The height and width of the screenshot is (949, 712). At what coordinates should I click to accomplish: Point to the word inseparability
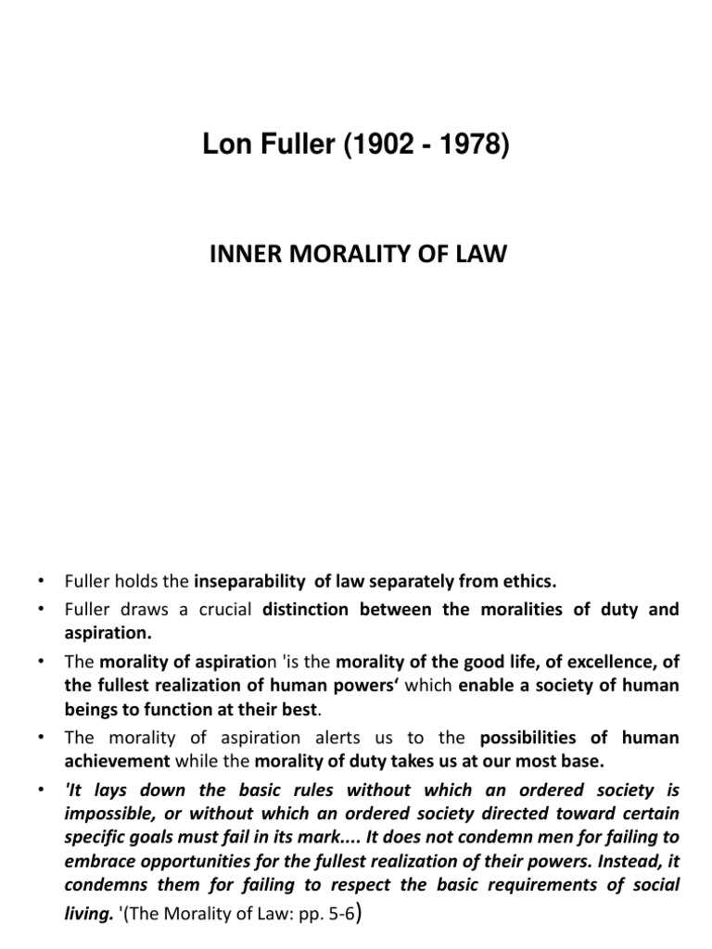[250, 583]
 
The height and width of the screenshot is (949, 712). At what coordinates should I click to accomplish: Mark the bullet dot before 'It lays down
[42, 790]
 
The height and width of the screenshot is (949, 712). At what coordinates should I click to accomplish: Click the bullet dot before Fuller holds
[42, 583]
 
